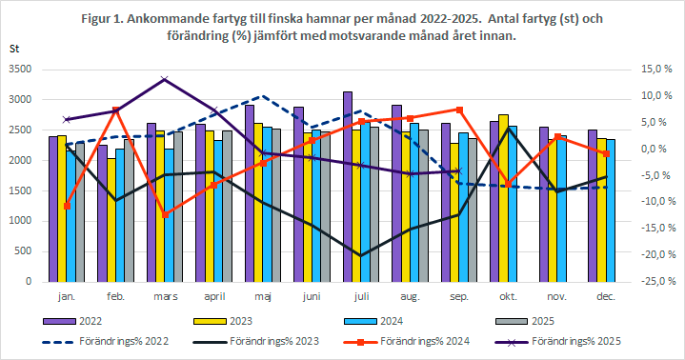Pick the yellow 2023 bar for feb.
coord(111,220)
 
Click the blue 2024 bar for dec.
coord(611,210)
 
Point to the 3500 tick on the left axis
coord(20,70)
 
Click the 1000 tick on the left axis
coord(20,221)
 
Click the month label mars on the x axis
coord(165,296)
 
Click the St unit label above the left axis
coord(14,48)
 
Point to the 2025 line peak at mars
coord(165,79)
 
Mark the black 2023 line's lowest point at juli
coord(360,255)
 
